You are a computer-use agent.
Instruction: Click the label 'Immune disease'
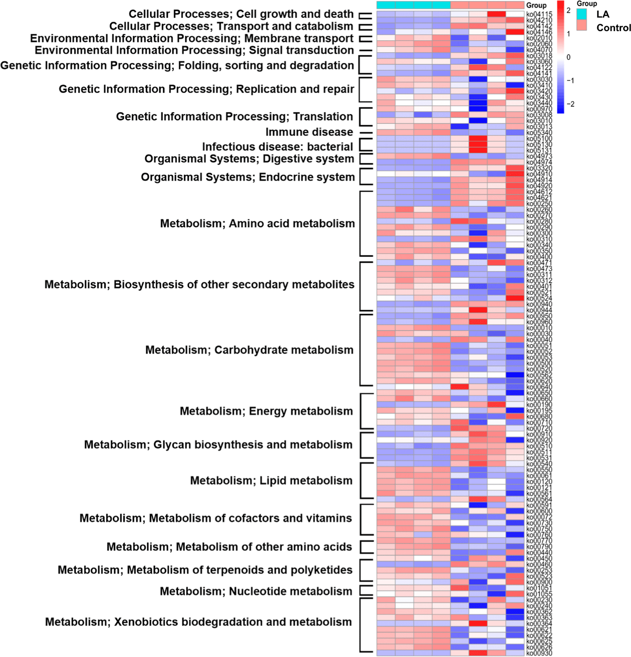[309, 132]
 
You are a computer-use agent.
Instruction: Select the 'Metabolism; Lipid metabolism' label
[271, 480]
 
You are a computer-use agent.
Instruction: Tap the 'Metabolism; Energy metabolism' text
[266, 411]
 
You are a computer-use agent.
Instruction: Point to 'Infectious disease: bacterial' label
[277, 147]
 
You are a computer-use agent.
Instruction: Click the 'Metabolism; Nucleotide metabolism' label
[256, 591]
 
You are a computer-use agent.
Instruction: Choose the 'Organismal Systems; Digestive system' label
[249, 159]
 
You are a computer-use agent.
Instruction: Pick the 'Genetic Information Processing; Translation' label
[234, 116]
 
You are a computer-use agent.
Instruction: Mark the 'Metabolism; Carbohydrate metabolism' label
[249, 350]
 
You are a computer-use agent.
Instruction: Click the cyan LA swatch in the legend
[582, 14]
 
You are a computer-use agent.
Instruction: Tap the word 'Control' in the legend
[613, 28]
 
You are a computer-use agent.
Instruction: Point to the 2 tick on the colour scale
[569, 10]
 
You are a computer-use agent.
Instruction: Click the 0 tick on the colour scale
[569, 57]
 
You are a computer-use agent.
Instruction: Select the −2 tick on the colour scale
[570, 104]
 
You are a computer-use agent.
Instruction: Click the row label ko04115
[539, 15]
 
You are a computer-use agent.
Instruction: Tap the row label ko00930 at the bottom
[539, 653]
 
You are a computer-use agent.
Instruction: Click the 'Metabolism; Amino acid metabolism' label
[257, 223]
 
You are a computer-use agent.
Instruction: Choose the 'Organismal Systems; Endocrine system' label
[248, 177]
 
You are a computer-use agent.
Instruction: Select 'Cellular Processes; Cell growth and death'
[241, 14]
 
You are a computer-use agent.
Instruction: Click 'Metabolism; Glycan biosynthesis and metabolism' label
[218, 444]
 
